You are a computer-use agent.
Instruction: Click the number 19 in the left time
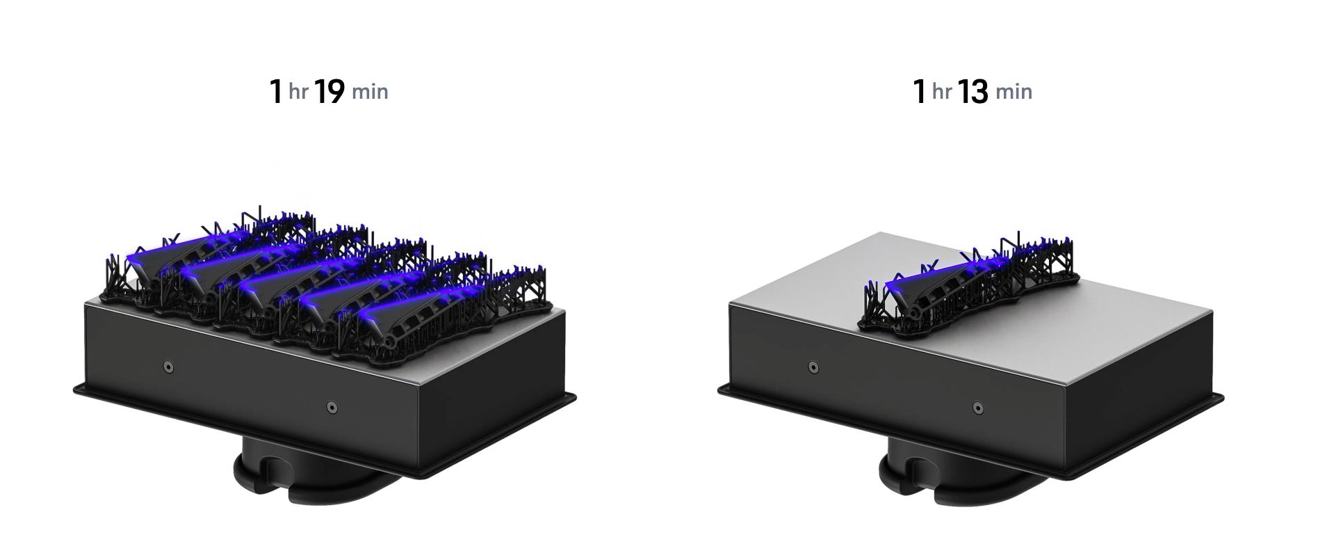pyautogui.click(x=329, y=92)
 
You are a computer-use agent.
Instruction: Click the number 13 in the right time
pyautogui.click(x=973, y=92)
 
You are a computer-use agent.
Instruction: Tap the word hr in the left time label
pyautogui.click(x=298, y=92)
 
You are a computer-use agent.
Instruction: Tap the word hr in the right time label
pyautogui.click(x=942, y=92)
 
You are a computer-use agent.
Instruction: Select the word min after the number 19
pyautogui.click(x=370, y=92)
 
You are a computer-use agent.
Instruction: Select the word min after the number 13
pyautogui.click(x=1014, y=92)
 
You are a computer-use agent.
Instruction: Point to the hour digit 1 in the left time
pyautogui.click(x=276, y=92)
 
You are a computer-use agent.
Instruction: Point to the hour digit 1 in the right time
pyautogui.click(x=920, y=92)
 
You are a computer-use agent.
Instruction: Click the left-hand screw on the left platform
pyautogui.click(x=168, y=367)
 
